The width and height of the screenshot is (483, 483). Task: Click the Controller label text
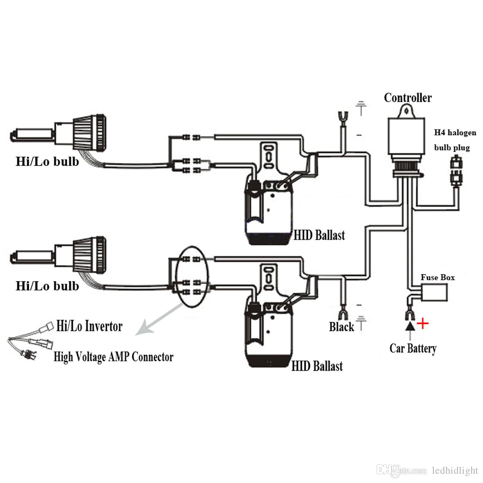tap(407, 97)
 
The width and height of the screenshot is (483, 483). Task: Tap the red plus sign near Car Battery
tap(422, 324)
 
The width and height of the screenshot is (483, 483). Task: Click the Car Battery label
tap(413, 349)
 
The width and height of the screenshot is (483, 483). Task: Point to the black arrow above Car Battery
tap(410, 326)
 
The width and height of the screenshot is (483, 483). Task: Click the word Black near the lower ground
tap(341, 327)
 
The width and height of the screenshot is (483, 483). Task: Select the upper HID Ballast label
tap(319, 235)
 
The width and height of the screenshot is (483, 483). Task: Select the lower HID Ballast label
tap(317, 366)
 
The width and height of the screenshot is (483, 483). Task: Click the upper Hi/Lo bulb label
tap(47, 162)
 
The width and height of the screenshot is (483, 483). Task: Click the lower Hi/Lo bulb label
tap(47, 286)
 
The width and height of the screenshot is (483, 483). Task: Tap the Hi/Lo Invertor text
tap(89, 326)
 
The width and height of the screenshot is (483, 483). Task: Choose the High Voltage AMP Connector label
tap(113, 357)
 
